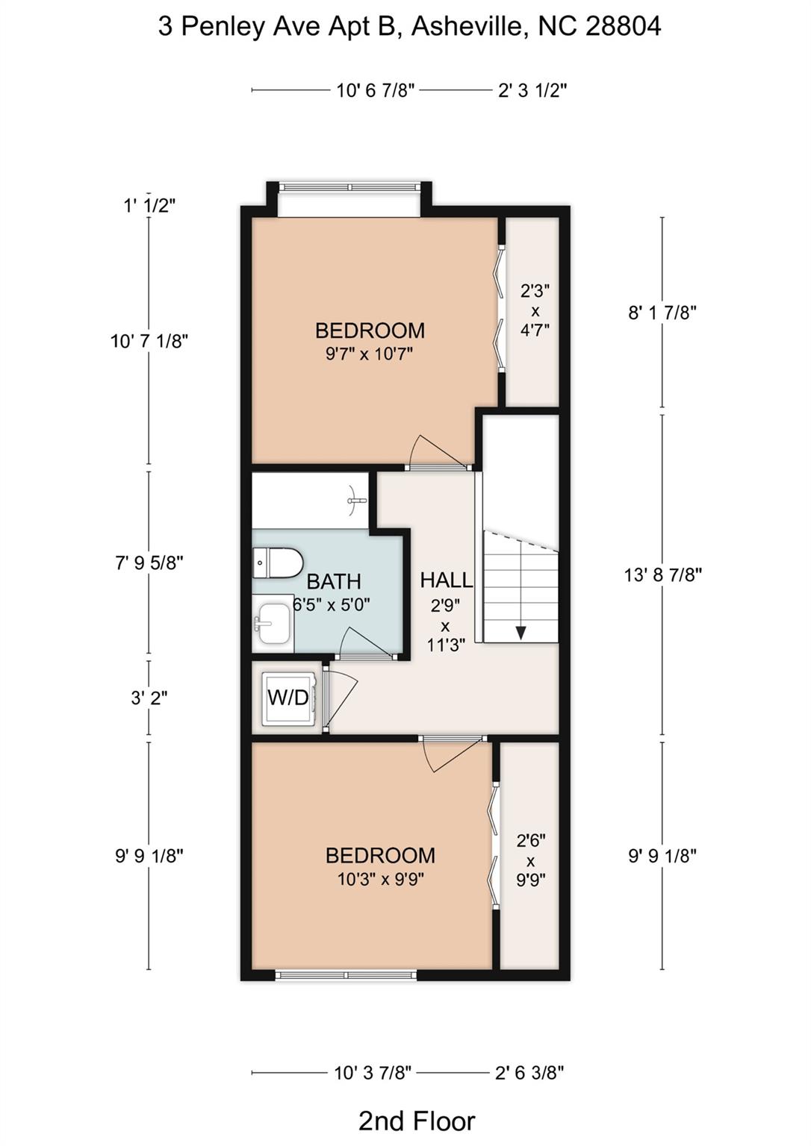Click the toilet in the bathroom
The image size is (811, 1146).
(x=277, y=563)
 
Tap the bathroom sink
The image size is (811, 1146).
(x=273, y=623)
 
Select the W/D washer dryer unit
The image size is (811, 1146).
(x=288, y=698)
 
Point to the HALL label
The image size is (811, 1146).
(x=446, y=580)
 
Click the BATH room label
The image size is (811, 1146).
(x=334, y=581)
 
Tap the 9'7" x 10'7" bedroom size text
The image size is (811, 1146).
(x=370, y=354)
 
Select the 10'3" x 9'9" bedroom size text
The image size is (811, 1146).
(x=380, y=879)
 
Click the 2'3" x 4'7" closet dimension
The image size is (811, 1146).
(x=535, y=310)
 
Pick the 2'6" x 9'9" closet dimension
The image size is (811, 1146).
(x=530, y=859)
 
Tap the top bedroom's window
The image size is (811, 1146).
(x=349, y=187)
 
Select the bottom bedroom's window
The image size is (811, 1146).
(x=347, y=974)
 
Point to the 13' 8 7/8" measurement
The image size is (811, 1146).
(x=662, y=574)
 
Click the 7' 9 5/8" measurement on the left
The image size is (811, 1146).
(x=149, y=563)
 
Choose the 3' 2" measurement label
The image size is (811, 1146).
(x=149, y=698)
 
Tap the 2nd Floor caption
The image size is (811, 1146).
(x=416, y=1121)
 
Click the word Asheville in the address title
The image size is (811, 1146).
(x=467, y=27)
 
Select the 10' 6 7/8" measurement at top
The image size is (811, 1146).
(x=375, y=91)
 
